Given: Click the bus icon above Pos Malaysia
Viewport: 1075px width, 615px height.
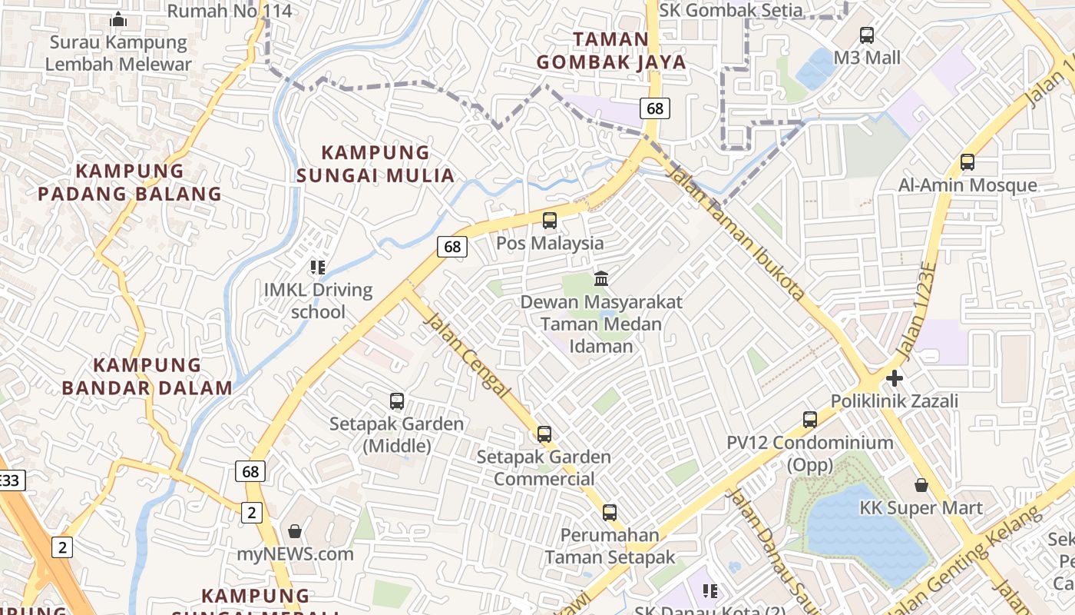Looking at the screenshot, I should pos(550,221).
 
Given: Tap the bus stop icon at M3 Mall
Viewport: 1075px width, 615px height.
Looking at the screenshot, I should pos(867,35).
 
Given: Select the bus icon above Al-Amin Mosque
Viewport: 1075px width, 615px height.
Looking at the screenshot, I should pos(968,162).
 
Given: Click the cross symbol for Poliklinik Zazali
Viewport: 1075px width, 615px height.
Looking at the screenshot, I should pos(894,378).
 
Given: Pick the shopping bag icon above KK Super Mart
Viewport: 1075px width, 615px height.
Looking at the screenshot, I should pos(921,485).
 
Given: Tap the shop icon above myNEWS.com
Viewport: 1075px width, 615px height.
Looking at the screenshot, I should pos(295,531).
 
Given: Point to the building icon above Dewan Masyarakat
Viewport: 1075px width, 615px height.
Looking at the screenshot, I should pos(601,278).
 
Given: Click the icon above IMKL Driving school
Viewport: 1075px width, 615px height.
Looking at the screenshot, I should pos(318,268).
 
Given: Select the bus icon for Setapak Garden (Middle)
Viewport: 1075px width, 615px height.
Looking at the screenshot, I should pos(397,401).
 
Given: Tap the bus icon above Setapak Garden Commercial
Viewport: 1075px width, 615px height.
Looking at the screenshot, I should pos(544,434).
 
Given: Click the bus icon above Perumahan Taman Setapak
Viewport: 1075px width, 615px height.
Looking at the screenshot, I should pos(610,512).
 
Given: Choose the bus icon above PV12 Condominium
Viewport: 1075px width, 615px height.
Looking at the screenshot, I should pos(810,420).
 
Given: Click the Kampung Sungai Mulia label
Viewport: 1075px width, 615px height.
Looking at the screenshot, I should pos(375,164).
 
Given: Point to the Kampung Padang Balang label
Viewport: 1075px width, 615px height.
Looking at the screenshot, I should pos(130,182).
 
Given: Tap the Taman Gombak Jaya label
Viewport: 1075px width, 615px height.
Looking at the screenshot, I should pos(611,51).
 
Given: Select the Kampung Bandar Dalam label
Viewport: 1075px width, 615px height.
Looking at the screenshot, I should pos(147,376).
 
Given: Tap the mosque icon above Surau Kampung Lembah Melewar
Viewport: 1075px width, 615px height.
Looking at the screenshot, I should pos(118,19).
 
